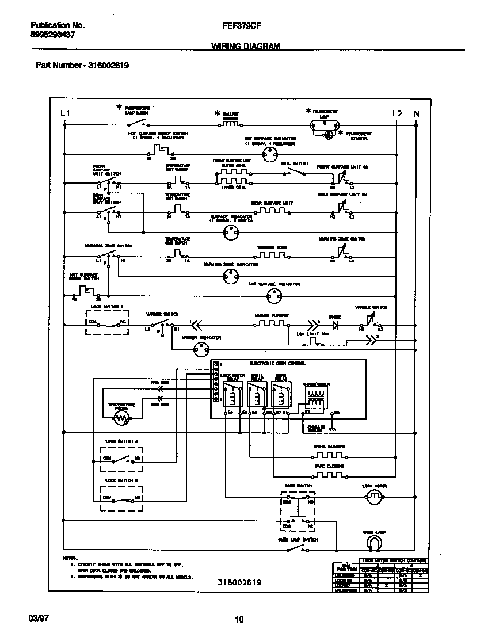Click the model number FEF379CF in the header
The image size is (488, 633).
click(240, 26)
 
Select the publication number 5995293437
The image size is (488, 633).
click(52, 35)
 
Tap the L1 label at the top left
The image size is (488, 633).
click(65, 114)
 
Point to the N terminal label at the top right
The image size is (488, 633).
click(417, 114)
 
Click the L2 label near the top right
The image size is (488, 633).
click(397, 114)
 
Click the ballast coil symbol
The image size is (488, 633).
click(230, 123)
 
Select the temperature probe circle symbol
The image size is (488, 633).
click(121, 419)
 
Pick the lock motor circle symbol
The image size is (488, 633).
click(375, 499)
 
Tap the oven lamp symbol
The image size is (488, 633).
click(374, 543)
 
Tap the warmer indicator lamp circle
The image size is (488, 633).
click(200, 348)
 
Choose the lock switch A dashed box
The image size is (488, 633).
click(121, 459)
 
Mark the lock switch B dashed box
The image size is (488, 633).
click(121, 497)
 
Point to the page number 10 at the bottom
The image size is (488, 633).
click(239, 620)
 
